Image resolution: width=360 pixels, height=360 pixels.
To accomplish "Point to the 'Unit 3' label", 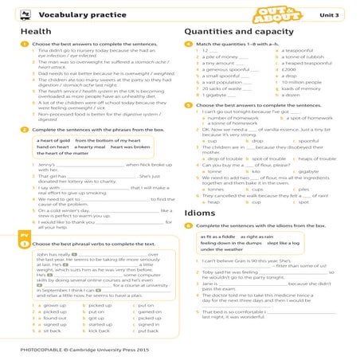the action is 334,14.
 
